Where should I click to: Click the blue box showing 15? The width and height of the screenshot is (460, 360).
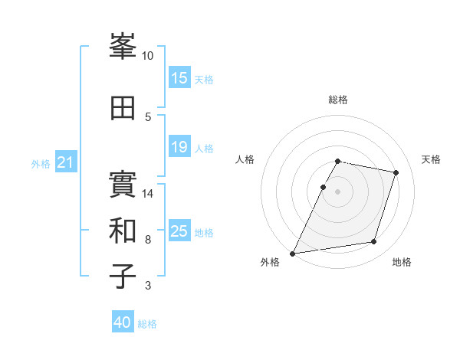pyautogui.click(x=179, y=78)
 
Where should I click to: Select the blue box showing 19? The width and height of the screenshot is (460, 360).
pyautogui.click(x=179, y=147)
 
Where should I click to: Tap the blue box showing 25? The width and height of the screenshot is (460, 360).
pyautogui.click(x=179, y=231)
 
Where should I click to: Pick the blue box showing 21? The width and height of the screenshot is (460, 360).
pyautogui.click(x=66, y=162)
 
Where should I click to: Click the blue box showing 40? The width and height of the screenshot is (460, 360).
pyautogui.click(x=123, y=322)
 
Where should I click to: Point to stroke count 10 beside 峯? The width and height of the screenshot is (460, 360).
pyautogui.click(x=148, y=56)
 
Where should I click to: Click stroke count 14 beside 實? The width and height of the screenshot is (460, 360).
pyautogui.click(x=148, y=193)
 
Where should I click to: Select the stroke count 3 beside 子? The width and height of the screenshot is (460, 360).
pyautogui.click(x=148, y=286)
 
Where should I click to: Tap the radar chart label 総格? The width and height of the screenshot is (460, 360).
pyautogui.click(x=338, y=100)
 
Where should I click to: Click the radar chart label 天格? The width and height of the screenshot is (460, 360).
pyautogui.click(x=431, y=159)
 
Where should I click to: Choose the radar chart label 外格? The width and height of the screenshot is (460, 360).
pyautogui.click(x=270, y=262)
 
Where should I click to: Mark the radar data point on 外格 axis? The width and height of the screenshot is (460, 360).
pyautogui.click(x=293, y=253)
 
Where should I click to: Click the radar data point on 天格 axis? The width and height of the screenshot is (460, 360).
pyautogui.click(x=396, y=173)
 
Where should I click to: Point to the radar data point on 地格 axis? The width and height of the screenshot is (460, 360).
pyautogui.click(x=374, y=242)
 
